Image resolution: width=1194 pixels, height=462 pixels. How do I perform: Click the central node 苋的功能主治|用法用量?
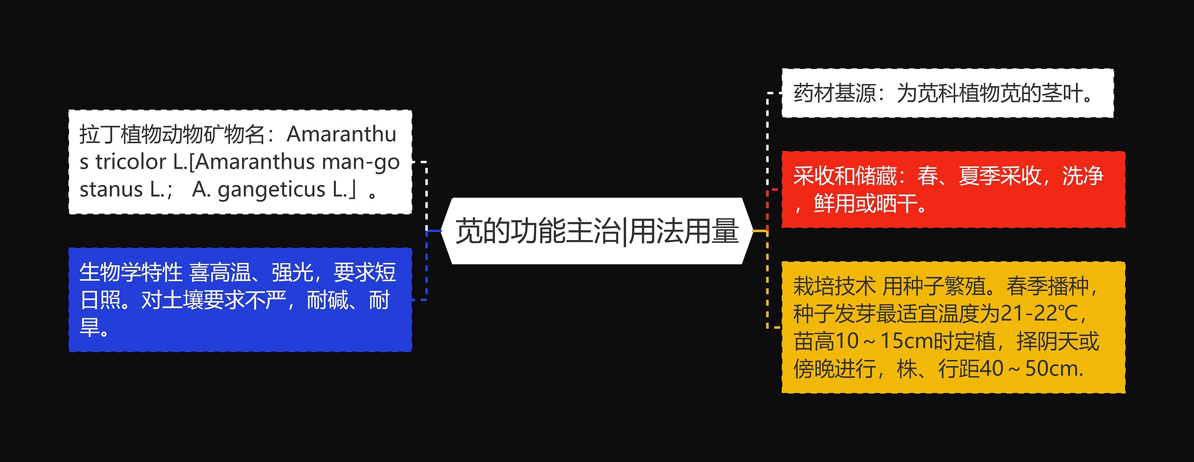point(597,231)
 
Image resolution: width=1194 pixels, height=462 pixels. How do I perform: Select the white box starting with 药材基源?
point(947,93)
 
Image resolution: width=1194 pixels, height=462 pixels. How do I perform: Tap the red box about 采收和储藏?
point(953,190)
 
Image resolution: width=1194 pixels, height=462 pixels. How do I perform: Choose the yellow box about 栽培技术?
point(953,327)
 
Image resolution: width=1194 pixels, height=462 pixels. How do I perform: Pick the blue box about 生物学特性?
point(240,300)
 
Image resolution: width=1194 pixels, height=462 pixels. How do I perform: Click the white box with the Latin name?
point(240,162)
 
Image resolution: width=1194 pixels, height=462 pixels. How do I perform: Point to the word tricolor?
point(131,162)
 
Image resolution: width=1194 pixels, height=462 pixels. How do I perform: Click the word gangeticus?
point(271,190)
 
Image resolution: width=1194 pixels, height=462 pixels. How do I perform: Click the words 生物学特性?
point(131,272)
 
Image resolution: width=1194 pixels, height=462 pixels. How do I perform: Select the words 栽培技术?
point(834,286)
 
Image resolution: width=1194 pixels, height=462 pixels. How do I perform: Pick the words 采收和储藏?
point(844,176)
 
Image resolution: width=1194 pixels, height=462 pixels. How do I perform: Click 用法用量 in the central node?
point(684,231)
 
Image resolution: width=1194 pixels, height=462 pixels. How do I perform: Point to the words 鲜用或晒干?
point(865,204)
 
